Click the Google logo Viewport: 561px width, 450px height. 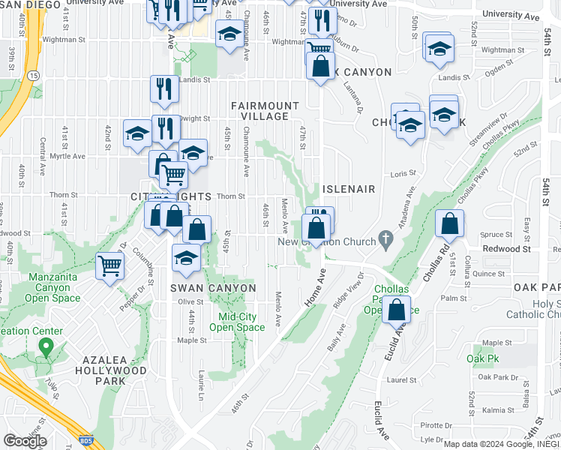point(24,441)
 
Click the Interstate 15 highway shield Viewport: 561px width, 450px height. point(34,76)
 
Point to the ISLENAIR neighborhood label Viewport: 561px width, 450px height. point(348,189)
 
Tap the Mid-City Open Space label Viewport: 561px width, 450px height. point(236,322)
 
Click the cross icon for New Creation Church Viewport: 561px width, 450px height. point(385,241)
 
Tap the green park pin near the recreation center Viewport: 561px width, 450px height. point(45,348)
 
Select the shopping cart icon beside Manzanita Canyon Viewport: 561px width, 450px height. point(110,265)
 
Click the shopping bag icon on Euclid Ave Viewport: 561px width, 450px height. point(396,308)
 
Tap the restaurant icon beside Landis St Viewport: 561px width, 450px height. point(164,88)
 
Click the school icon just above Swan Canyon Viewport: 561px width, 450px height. point(186,259)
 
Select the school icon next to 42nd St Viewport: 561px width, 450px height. point(137,133)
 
